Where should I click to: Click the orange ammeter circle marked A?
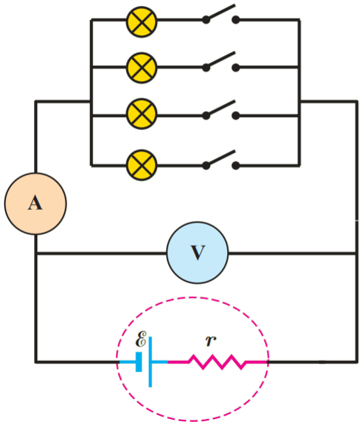[x=35, y=204]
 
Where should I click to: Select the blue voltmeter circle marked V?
[x=198, y=253]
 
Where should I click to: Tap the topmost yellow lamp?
[x=141, y=22]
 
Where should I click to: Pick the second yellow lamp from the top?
[x=141, y=68]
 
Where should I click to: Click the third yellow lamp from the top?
[x=141, y=114]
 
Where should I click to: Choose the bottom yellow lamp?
[x=141, y=165]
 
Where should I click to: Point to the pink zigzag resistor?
[x=217, y=362]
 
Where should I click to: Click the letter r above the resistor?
[x=211, y=341]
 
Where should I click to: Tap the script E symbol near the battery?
[x=141, y=339]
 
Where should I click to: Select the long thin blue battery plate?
[x=150, y=362]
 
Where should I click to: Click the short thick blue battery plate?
[x=139, y=362]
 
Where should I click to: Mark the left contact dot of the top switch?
[x=206, y=20]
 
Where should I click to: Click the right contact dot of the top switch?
[x=236, y=20]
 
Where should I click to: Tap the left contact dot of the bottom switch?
[x=206, y=165]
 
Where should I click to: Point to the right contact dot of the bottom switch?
[x=236, y=165]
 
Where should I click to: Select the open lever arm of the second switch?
[x=221, y=59]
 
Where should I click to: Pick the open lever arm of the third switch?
[x=221, y=108]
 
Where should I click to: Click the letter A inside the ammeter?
[x=35, y=203]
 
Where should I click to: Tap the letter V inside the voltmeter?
[x=198, y=252]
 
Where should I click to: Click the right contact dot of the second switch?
[x=236, y=67]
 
